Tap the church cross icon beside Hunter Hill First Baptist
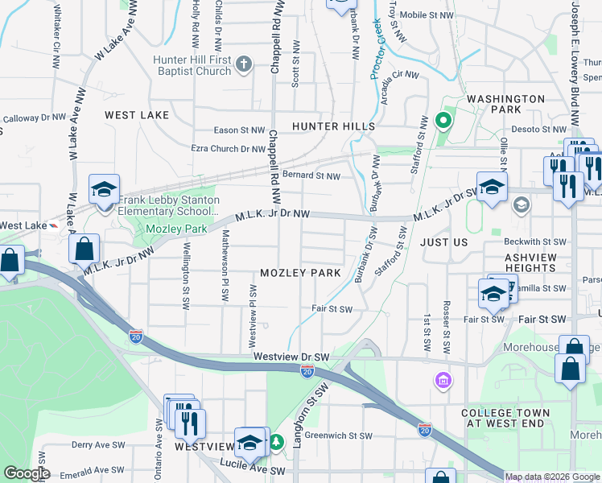tap(245, 64)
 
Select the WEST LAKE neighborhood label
tap(137, 115)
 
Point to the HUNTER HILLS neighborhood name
tap(333, 126)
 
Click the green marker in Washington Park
tap(442, 122)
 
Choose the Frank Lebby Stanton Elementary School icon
tap(104, 190)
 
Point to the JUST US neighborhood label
tap(443, 242)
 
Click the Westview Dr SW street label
tap(291, 356)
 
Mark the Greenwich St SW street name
tap(338, 436)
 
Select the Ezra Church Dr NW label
tap(228, 149)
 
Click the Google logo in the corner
tap(27, 473)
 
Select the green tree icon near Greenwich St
tap(276, 442)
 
